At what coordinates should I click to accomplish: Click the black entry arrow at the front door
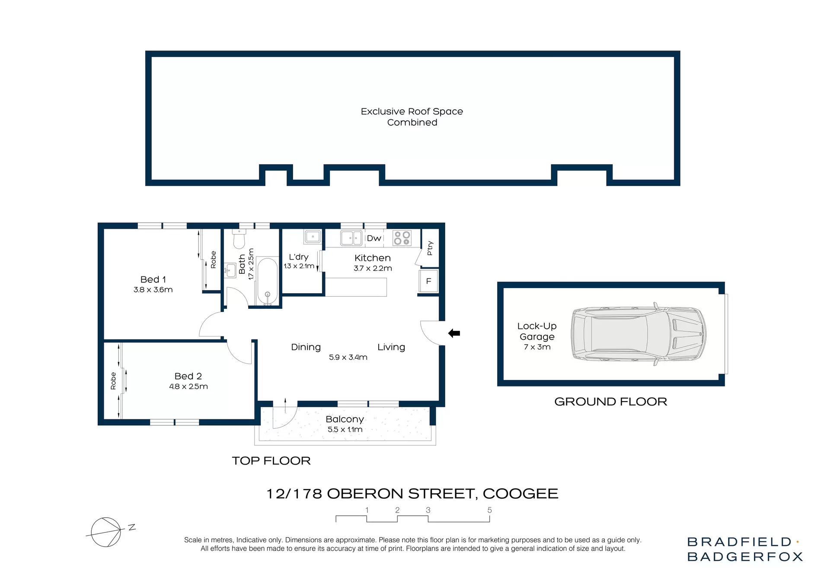(454, 333)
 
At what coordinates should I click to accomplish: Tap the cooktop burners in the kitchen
(402, 238)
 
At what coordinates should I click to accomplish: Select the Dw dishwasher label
(374, 238)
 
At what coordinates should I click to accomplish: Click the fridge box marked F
(428, 281)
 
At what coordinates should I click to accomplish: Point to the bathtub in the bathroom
(267, 281)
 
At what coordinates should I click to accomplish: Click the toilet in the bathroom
(239, 239)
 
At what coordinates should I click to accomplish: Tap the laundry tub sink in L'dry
(313, 237)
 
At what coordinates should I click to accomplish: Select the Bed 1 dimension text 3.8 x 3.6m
(153, 290)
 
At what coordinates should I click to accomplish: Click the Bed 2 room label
(188, 376)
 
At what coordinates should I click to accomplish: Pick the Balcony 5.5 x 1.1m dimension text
(345, 430)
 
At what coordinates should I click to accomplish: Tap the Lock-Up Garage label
(537, 331)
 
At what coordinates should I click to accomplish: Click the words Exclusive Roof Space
(412, 111)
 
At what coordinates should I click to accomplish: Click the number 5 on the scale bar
(489, 510)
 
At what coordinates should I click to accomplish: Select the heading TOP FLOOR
(271, 461)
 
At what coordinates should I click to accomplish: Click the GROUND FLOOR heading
(610, 402)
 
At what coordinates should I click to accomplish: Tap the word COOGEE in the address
(520, 494)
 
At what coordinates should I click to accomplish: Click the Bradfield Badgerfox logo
(744, 549)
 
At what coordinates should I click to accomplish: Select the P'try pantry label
(430, 248)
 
